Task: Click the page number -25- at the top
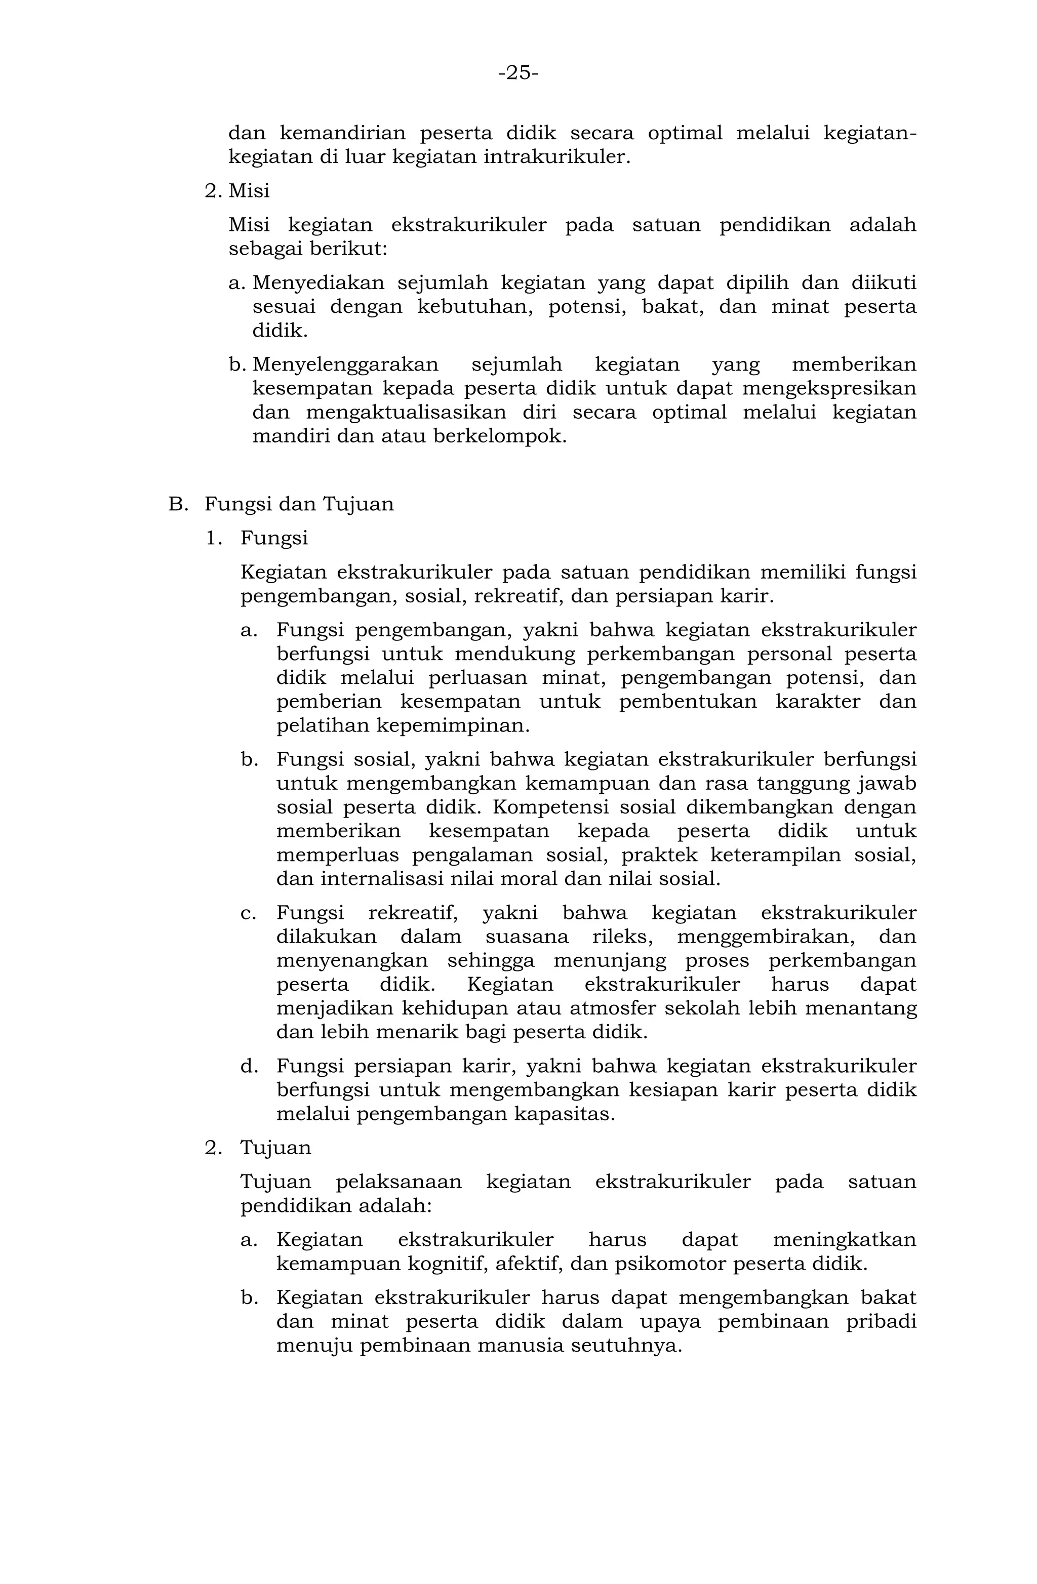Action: (518, 72)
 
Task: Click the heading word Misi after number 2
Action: (249, 191)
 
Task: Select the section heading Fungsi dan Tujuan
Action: (299, 504)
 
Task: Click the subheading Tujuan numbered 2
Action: (275, 1148)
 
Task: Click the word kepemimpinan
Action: (453, 725)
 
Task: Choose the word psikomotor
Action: (670, 1263)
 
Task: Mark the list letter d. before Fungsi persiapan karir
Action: (250, 1066)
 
